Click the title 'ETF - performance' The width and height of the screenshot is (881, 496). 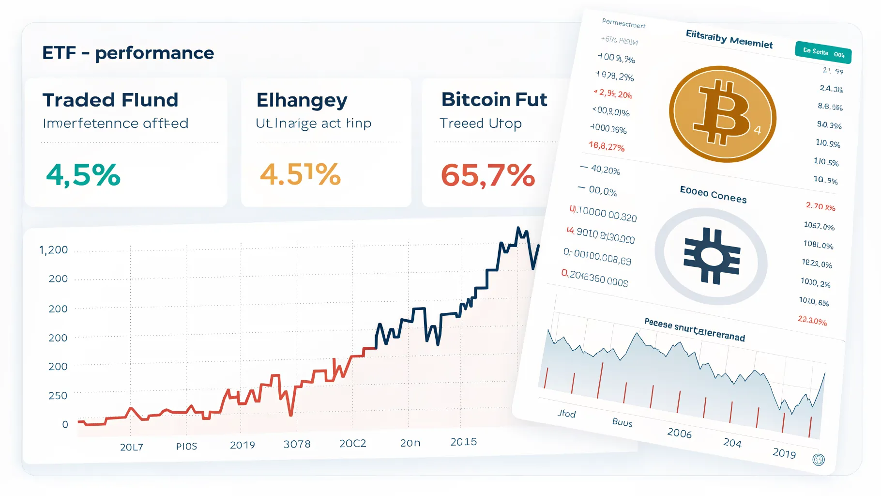coord(128,53)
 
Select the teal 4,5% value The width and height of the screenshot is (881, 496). coord(83,175)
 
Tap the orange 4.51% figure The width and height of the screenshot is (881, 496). coord(300,174)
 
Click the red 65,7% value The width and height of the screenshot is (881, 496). coord(487,175)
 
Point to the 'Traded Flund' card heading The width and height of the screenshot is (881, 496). coord(110,100)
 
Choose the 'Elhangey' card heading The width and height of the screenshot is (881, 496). coord(302,100)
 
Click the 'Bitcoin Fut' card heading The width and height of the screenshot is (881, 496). coord(494,100)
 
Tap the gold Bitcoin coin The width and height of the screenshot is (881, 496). coord(722,114)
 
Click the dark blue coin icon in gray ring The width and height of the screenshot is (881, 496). coord(711,256)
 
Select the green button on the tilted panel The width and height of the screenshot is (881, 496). coord(823,52)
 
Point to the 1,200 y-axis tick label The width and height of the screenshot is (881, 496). coord(53,250)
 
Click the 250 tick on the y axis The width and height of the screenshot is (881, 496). coord(58,396)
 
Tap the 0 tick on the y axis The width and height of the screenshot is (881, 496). coord(65,425)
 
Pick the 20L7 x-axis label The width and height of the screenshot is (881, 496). coord(132,447)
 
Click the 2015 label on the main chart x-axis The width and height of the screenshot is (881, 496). coord(463,442)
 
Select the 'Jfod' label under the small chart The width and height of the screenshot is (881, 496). coord(566,414)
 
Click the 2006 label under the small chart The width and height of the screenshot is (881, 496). coord(679,433)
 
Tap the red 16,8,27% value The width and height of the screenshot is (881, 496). coord(607,146)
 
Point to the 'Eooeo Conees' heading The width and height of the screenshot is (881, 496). coord(713,194)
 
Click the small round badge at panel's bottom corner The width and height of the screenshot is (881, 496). coord(818,460)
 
